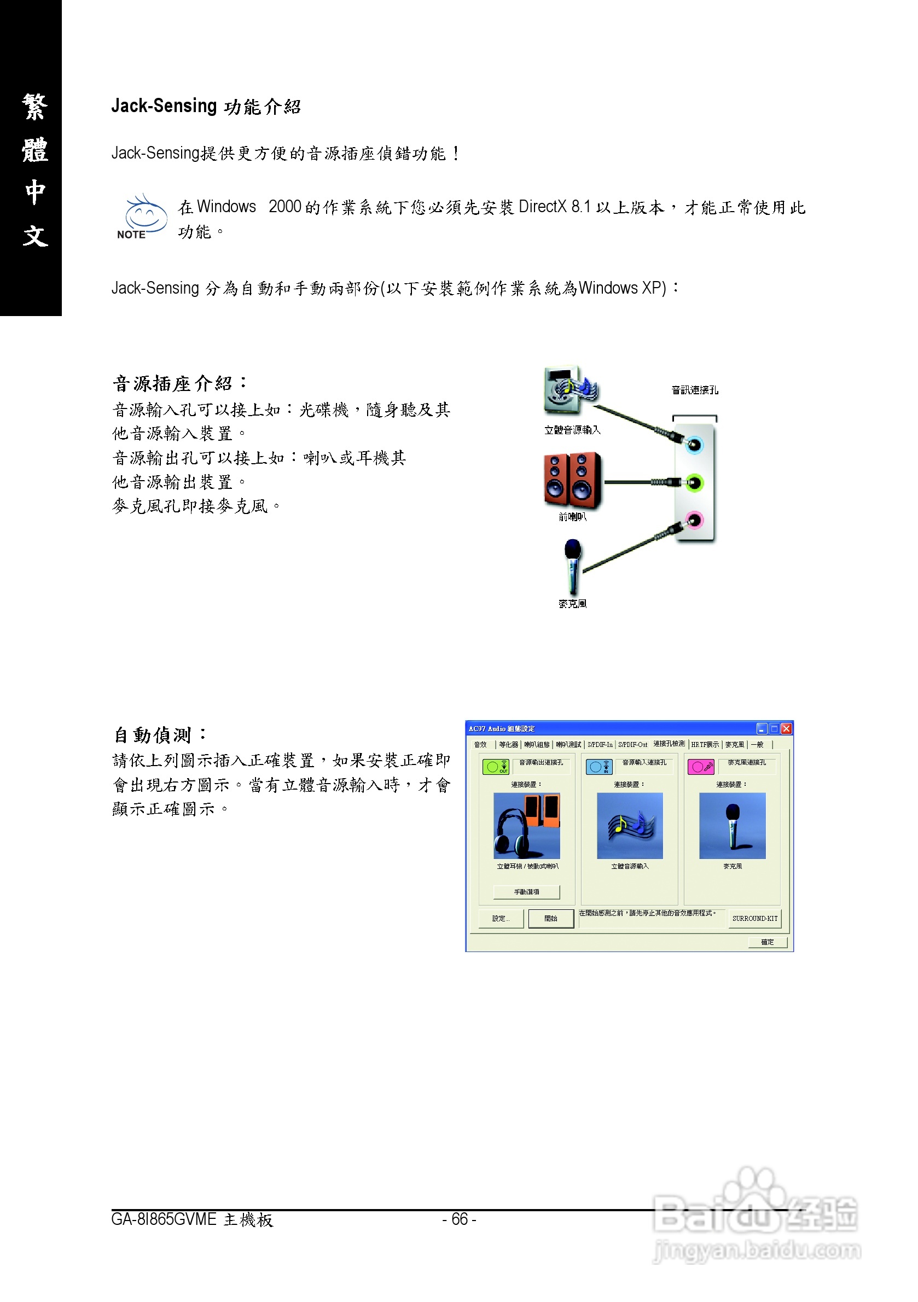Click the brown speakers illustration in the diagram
click(572, 480)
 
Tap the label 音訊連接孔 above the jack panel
click(694, 390)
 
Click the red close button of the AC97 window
click(786, 729)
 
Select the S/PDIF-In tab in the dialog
click(600, 745)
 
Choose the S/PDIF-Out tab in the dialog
click(632, 745)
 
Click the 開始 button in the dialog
click(550, 918)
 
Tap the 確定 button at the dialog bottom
click(767, 942)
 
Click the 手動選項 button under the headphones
click(526, 892)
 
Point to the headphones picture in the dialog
click(526, 826)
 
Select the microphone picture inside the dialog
click(732, 826)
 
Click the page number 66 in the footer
click(459, 1219)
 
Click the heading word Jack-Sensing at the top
click(164, 106)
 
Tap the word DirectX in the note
click(542, 207)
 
